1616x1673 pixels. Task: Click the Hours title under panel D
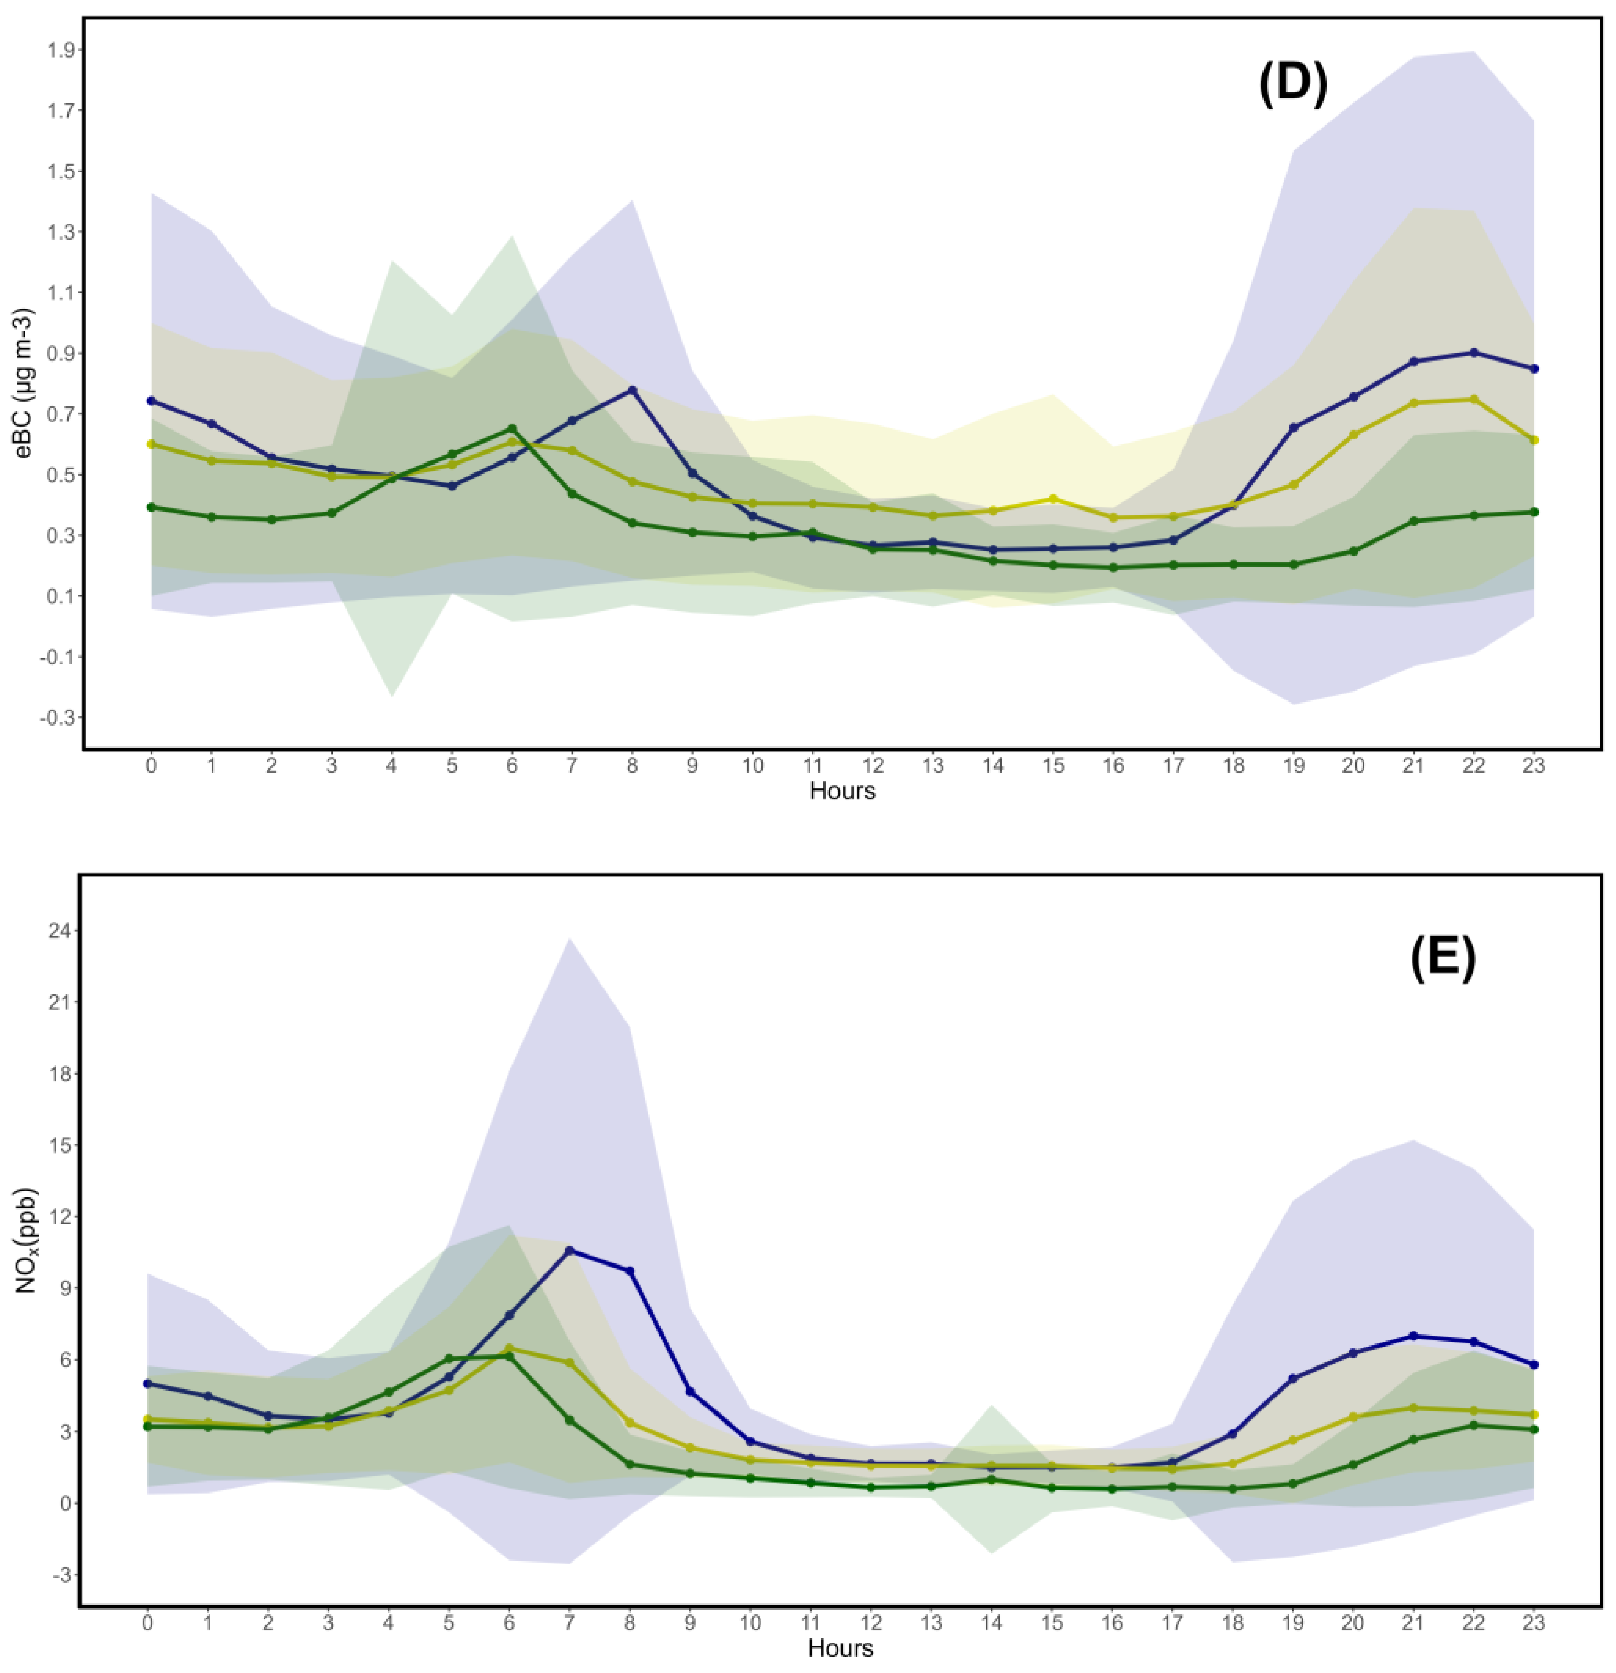click(x=842, y=790)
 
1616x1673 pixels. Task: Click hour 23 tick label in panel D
click(x=1533, y=766)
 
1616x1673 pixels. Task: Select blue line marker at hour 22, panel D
click(x=1474, y=353)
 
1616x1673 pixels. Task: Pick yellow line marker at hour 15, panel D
click(x=1053, y=499)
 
